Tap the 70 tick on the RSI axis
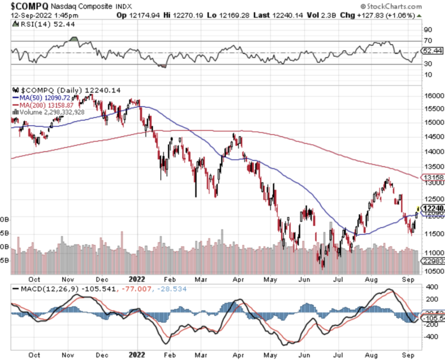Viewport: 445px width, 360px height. (428, 41)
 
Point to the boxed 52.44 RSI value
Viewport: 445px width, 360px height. (431, 51)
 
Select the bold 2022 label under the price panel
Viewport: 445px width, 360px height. (137, 281)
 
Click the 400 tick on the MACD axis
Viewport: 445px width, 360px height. (428, 288)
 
